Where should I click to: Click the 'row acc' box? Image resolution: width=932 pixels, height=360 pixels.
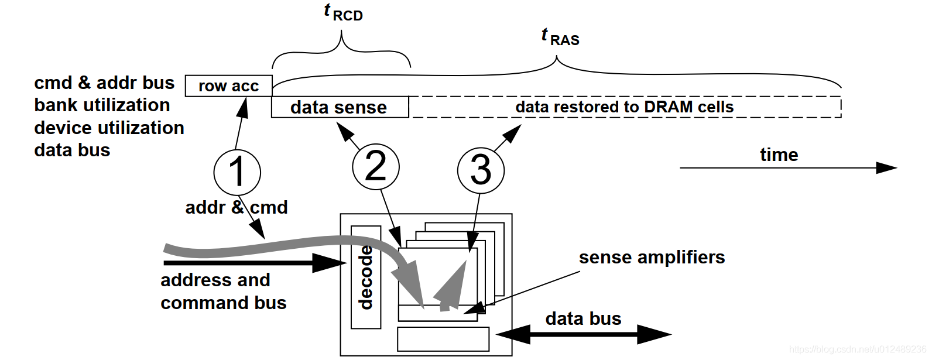tap(228, 86)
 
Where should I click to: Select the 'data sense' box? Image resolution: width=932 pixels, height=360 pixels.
tap(340, 108)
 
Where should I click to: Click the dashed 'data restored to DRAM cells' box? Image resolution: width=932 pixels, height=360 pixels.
tap(625, 107)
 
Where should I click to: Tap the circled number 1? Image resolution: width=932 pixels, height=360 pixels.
tap(237, 173)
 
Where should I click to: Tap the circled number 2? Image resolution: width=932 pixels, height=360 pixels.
tap(376, 167)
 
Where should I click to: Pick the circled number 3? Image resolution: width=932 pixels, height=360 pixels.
tap(481, 170)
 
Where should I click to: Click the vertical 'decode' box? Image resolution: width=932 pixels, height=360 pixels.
tap(366, 277)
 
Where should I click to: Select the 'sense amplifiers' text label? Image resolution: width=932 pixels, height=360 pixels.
tap(652, 258)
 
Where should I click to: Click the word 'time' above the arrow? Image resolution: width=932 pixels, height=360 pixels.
tap(779, 155)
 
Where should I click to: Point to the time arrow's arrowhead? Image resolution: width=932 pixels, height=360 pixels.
tap(886, 168)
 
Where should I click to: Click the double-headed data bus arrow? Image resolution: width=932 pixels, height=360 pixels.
tap(583, 334)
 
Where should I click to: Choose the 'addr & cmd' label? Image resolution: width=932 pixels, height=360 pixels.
tap(237, 208)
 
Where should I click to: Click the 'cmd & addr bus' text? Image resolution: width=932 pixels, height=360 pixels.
tap(104, 83)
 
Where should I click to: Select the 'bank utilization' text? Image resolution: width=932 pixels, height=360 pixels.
tap(102, 105)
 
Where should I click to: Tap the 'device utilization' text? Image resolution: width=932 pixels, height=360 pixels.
tap(109, 128)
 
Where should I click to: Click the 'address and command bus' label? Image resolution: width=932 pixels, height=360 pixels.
tap(223, 292)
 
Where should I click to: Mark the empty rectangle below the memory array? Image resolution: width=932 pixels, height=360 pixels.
tap(443, 339)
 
